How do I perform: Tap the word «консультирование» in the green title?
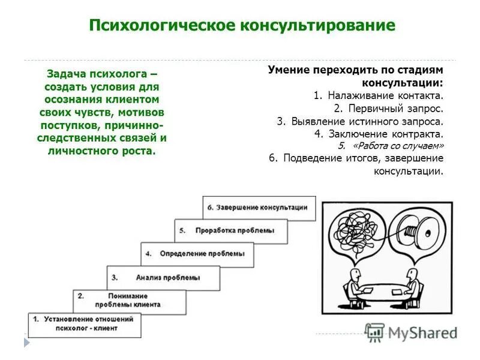(318, 26)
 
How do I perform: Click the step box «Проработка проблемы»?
(232, 230)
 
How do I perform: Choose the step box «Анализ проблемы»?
(164, 278)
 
